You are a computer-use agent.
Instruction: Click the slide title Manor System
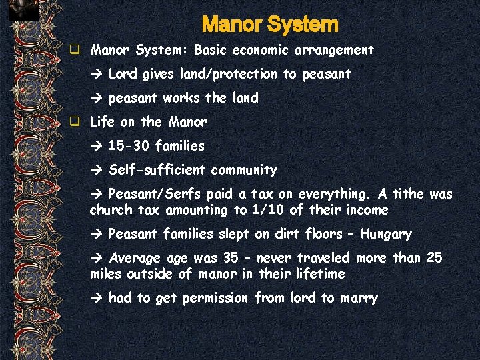[269, 25]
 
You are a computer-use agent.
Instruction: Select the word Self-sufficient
[157, 170]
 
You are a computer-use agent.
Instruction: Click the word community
[244, 170]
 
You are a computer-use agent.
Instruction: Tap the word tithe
[408, 194]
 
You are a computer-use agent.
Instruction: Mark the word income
[365, 210]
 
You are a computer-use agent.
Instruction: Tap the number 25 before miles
[433, 258]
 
